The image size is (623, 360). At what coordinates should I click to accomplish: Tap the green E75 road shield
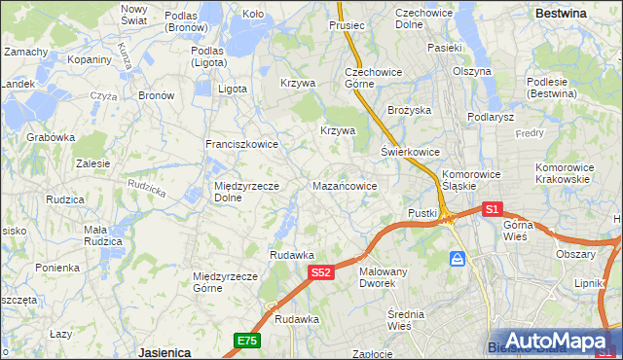246,340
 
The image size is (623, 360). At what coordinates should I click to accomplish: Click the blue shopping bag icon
457,259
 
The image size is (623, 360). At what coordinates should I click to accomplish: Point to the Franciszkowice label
241,144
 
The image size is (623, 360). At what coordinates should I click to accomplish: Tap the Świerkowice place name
410,153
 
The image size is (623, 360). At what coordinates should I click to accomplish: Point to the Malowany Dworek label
383,277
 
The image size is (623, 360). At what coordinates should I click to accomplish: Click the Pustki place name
422,213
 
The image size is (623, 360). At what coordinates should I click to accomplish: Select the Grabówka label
52,137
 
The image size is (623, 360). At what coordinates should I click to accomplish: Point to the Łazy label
61,334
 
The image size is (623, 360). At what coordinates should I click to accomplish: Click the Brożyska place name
409,111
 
